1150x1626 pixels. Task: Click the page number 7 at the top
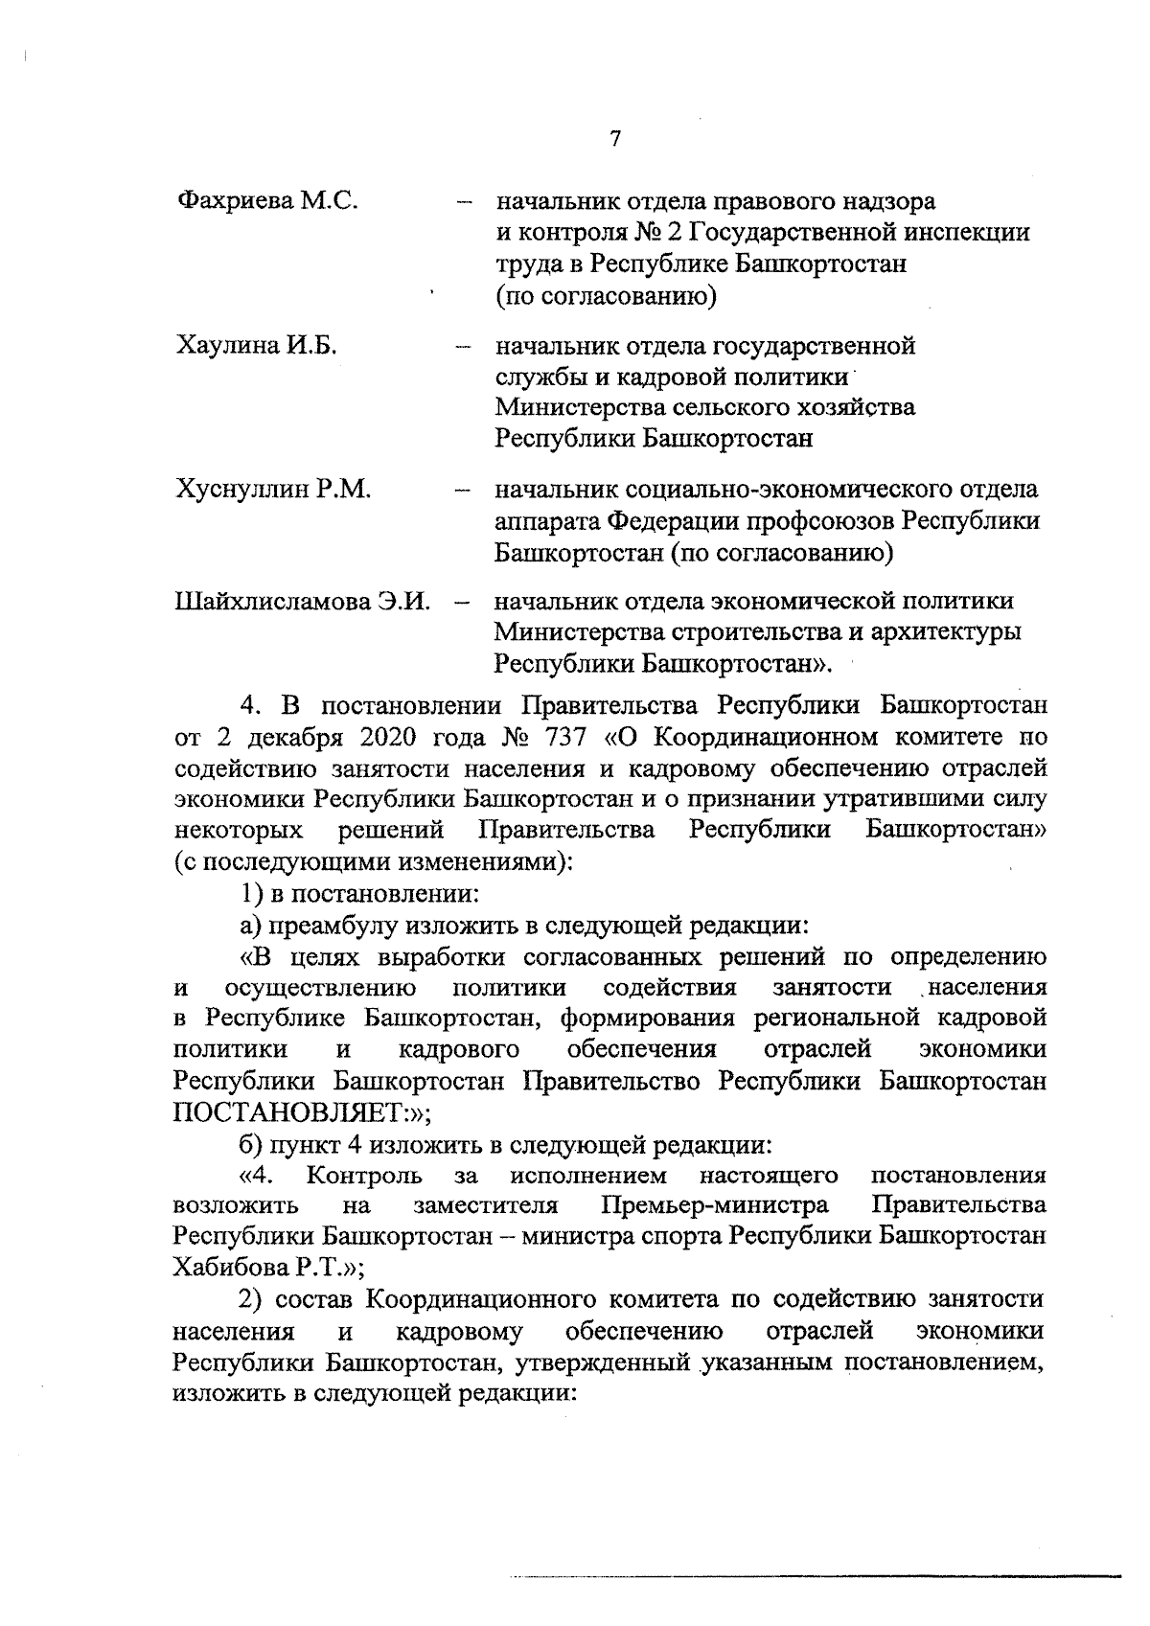tap(614, 138)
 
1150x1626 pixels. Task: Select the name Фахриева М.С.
tap(267, 202)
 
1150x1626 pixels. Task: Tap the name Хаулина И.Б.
tap(256, 345)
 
